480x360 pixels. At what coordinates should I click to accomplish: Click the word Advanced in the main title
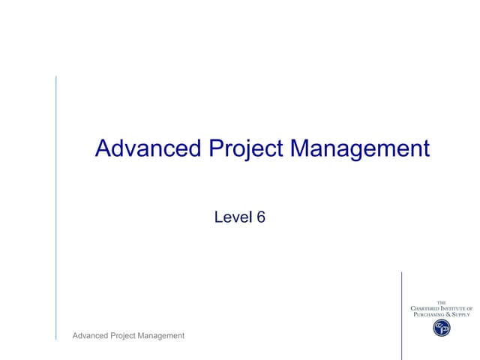148,148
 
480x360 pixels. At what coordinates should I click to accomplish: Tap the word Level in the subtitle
231,217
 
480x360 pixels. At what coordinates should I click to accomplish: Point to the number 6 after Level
261,217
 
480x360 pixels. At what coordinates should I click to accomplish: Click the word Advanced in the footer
91,335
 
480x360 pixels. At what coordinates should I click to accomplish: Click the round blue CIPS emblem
442,328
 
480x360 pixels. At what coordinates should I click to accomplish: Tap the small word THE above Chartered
442,302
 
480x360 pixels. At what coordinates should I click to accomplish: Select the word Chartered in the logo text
427,308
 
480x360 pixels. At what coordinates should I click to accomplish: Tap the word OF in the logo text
469,308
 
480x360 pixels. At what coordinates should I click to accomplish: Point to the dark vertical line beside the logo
402,315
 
